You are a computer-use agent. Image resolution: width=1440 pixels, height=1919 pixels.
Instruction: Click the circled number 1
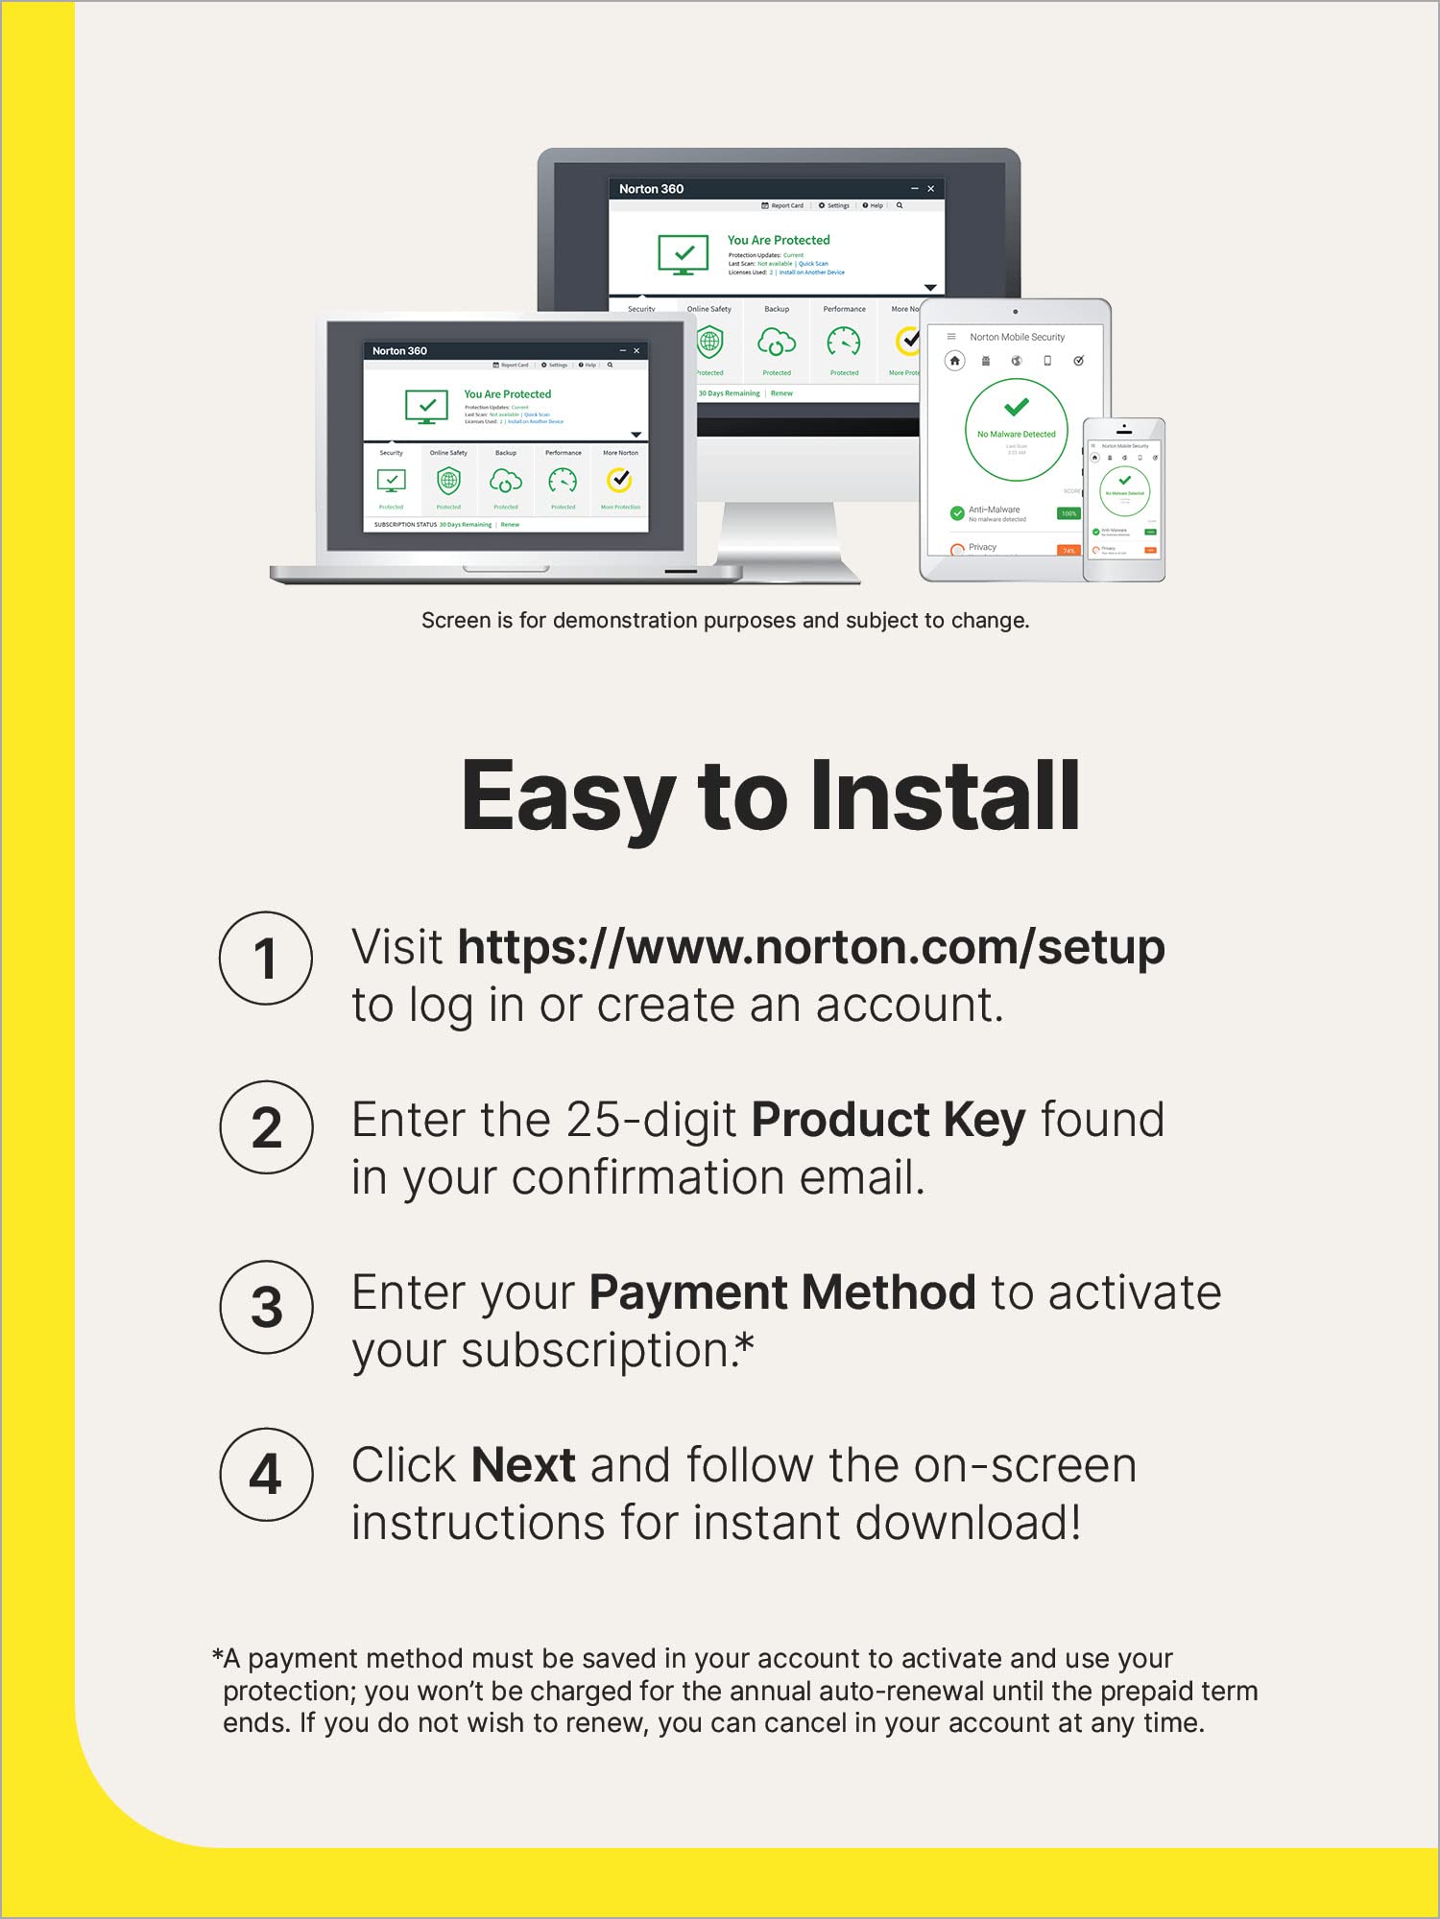click(266, 958)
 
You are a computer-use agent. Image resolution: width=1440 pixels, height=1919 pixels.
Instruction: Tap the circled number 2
click(266, 1127)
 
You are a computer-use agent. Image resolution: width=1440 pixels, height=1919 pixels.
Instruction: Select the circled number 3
click(266, 1307)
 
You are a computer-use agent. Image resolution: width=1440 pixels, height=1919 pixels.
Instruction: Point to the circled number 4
click(266, 1475)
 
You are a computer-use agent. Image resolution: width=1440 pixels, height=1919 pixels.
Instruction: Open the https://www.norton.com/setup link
click(811, 948)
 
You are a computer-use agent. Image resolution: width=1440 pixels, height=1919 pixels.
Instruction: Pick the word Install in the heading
click(946, 796)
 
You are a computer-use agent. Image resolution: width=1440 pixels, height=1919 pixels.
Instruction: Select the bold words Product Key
click(888, 1120)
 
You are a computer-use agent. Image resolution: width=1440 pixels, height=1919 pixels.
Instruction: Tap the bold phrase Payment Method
click(782, 1292)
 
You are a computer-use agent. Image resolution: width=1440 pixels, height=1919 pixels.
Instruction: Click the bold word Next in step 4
click(523, 1465)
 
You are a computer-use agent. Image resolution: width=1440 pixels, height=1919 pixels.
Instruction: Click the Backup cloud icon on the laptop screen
click(506, 480)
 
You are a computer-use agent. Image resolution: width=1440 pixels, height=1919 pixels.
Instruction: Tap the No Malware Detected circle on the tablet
click(1016, 429)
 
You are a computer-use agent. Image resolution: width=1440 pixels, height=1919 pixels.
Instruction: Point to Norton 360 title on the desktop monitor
click(651, 189)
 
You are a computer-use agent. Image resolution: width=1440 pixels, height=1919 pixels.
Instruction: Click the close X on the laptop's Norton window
click(636, 351)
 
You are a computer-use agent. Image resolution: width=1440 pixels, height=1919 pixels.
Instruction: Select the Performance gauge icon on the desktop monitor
click(844, 341)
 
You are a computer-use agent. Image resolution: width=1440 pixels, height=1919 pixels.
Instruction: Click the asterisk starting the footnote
click(218, 1656)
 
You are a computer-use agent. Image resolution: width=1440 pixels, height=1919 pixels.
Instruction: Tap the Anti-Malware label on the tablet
click(994, 509)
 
